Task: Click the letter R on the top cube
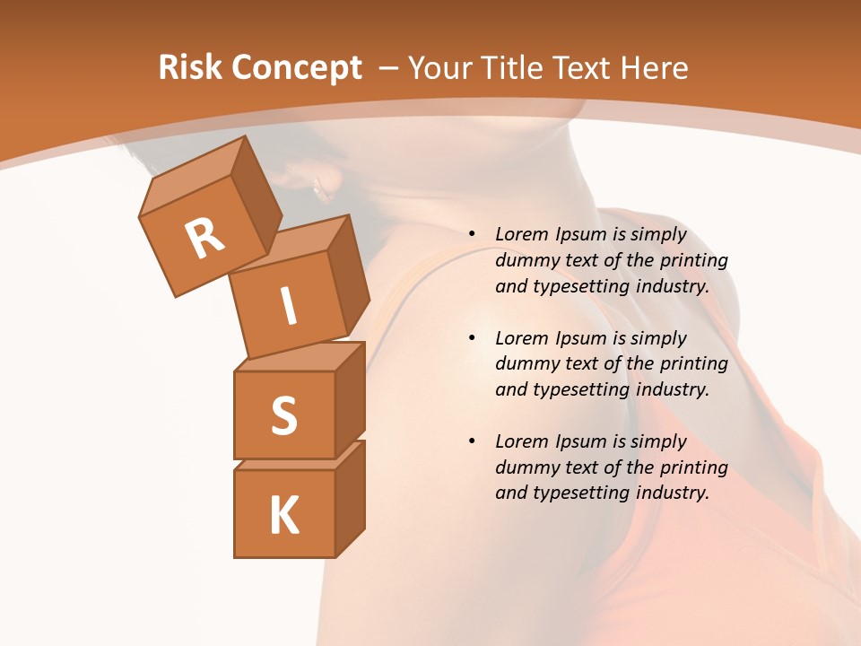(x=204, y=238)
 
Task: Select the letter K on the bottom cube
(x=283, y=515)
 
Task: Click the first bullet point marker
(x=472, y=235)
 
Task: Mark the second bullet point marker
(x=472, y=338)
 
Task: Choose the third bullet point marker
(x=472, y=441)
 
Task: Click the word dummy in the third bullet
(x=524, y=467)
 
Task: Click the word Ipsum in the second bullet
(x=581, y=338)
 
